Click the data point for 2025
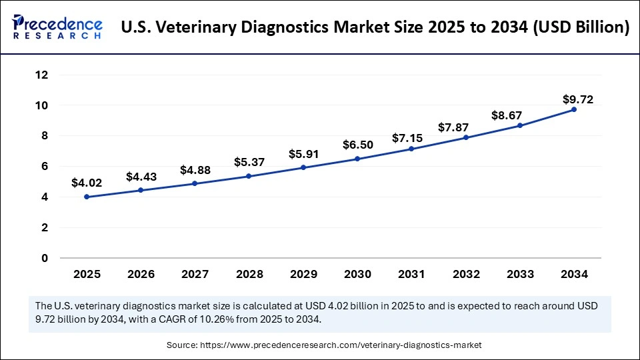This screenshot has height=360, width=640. (x=87, y=197)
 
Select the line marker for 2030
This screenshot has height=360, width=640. (x=357, y=159)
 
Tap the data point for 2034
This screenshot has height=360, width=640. (x=574, y=109)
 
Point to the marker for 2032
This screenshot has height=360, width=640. (x=466, y=137)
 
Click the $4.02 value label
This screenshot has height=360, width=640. (x=87, y=182)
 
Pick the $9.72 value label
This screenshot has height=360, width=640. (x=577, y=99)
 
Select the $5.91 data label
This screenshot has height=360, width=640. (x=303, y=154)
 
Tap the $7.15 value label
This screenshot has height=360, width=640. (x=412, y=138)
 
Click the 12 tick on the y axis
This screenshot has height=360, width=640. (x=42, y=75)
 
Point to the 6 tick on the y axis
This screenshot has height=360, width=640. (x=45, y=166)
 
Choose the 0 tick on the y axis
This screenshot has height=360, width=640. (x=45, y=258)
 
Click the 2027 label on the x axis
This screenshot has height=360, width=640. (x=195, y=274)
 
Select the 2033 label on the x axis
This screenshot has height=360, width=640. (x=520, y=274)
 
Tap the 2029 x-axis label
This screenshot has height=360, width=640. (x=303, y=274)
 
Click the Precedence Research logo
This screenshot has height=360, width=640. (x=57, y=27)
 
